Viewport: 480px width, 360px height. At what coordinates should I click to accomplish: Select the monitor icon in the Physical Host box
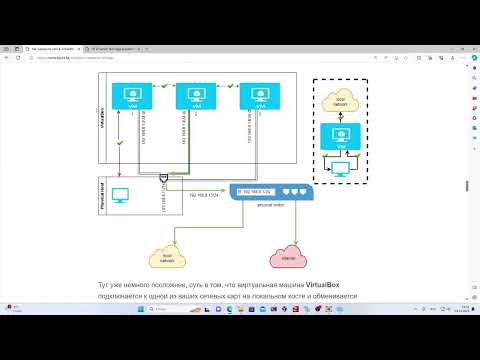click(x=123, y=194)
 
